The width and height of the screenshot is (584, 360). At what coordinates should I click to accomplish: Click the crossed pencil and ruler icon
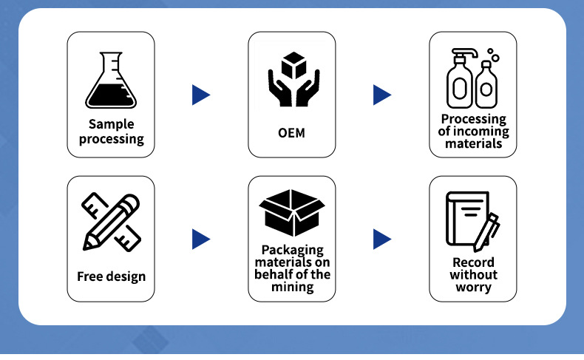[111, 222]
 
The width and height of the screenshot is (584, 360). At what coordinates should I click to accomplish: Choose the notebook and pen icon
[472, 221]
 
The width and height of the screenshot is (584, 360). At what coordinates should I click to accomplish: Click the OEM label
[291, 134]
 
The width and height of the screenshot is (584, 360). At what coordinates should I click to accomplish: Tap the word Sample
[111, 124]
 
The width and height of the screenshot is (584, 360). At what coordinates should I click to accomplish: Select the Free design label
[111, 277]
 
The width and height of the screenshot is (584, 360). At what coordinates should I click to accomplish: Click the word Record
[473, 262]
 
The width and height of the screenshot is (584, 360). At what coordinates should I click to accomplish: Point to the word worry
[473, 287]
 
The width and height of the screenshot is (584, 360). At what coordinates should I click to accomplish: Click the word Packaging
[292, 251]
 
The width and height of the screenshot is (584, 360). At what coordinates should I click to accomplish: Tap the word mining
[292, 287]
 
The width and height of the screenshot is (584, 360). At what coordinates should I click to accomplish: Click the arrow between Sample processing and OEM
[200, 95]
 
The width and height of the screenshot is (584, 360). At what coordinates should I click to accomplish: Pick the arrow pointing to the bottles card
[381, 95]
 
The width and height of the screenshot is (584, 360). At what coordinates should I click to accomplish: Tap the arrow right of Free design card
[200, 239]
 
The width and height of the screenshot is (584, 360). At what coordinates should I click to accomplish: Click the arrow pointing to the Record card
[381, 239]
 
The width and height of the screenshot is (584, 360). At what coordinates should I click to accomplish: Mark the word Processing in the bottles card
[473, 119]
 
